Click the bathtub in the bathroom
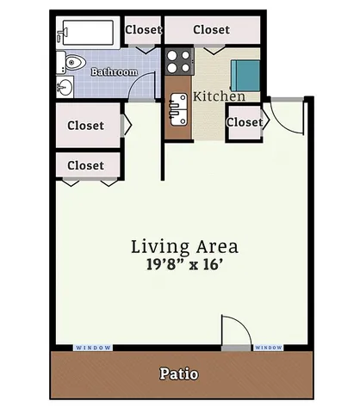(x=88, y=33)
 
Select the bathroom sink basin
(x=65, y=87)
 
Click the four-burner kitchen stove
(x=179, y=61)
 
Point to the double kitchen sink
(x=178, y=109)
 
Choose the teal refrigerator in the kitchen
(x=245, y=76)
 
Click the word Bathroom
(x=115, y=71)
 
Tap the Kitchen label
(x=220, y=96)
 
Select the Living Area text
(x=184, y=247)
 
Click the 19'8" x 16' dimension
(x=184, y=264)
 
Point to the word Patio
(x=179, y=373)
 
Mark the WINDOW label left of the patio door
(x=93, y=348)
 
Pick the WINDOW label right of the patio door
(x=269, y=348)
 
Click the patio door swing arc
(x=244, y=324)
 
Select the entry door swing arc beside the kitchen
(x=279, y=126)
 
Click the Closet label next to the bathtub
(x=144, y=29)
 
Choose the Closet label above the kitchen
(x=212, y=29)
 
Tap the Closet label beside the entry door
(x=245, y=122)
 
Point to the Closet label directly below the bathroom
(x=86, y=126)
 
